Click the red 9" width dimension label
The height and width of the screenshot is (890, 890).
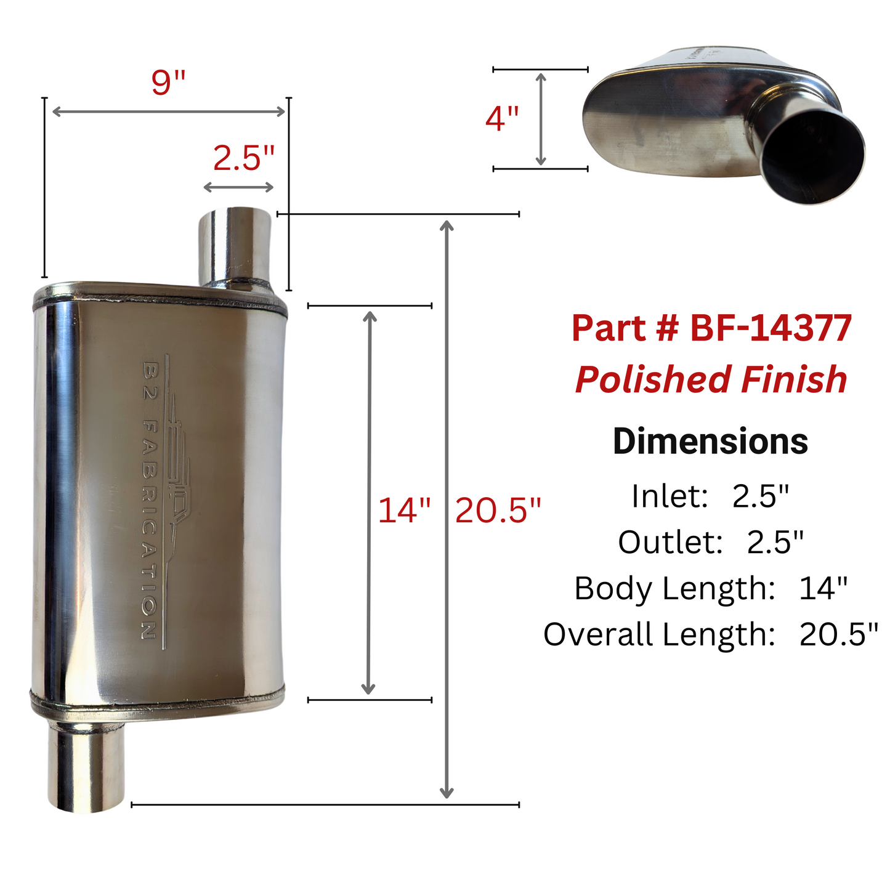point(168,83)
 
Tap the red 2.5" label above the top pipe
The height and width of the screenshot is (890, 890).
point(243,158)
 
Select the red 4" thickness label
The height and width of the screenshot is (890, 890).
point(502,118)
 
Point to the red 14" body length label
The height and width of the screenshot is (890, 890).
point(404,511)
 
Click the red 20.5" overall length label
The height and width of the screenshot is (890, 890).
point(498,511)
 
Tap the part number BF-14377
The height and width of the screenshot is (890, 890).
point(770,328)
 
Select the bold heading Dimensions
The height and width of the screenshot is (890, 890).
point(710,442)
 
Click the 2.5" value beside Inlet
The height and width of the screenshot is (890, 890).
point(761,496)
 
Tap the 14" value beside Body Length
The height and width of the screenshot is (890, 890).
point(823,588)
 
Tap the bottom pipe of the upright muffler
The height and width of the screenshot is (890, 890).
point(86,767)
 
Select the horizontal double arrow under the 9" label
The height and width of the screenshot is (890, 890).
point(168,111)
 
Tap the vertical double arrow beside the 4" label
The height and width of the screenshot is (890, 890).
point(541,119)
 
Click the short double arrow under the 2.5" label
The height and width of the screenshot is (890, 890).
point(238,187)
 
